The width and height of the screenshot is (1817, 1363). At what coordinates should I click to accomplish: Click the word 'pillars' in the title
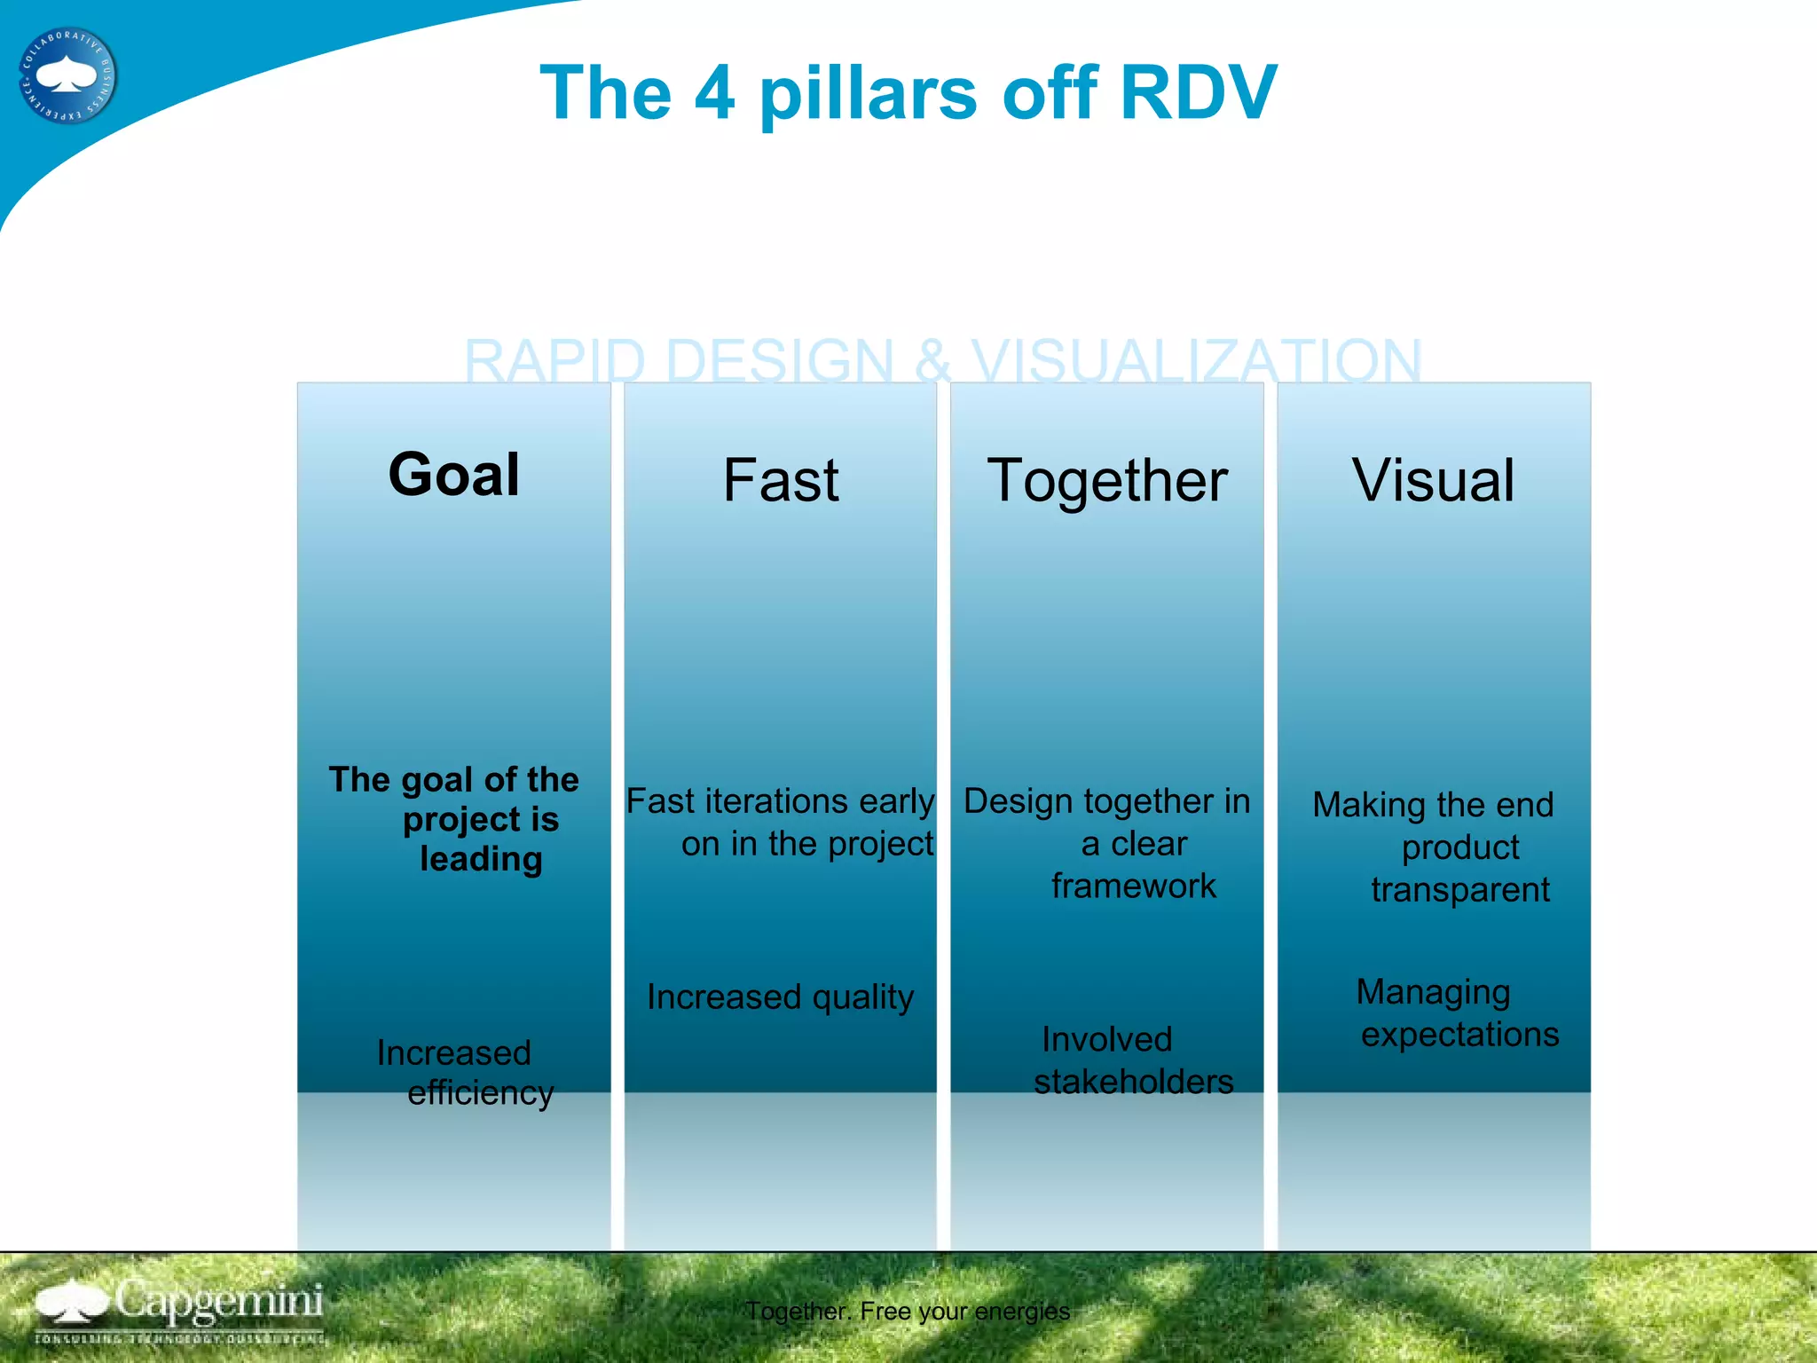tap(868, 94)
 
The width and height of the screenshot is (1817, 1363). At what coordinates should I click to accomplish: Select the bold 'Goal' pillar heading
tap(453, 475)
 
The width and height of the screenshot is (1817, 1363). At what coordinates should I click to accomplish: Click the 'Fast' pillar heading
tap(780, 480)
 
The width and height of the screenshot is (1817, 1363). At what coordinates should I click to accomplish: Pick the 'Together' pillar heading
tap(1107, 480)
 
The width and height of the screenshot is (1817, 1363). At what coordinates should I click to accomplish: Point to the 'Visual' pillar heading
tap(1433, 480)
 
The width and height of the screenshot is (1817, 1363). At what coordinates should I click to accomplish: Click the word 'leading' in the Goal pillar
tap(481, 859)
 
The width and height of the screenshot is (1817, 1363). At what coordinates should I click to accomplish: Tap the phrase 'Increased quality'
tap(780, 997)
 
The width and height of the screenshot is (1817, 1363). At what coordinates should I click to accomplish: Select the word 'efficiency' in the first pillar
tap(480, 1092)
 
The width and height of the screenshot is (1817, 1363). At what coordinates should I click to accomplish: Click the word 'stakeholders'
tap(1133, 1082)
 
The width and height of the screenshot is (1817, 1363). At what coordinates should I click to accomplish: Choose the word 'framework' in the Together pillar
tap(1133, 886)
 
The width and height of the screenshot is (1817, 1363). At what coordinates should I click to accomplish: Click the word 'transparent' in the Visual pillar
tap(1459, 889)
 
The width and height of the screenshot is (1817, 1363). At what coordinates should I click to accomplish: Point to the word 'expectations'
tap(1459, 1035)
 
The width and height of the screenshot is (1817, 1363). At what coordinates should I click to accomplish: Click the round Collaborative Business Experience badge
tap(67, 75)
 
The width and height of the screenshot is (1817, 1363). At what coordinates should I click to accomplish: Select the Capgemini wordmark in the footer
tap(217, 1301)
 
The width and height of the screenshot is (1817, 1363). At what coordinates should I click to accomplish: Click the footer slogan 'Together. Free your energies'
tap(907, 1311)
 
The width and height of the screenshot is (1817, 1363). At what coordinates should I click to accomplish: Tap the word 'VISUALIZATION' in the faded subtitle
tap(1196, 361)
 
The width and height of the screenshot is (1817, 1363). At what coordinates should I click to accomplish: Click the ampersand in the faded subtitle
tap(932, 361)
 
